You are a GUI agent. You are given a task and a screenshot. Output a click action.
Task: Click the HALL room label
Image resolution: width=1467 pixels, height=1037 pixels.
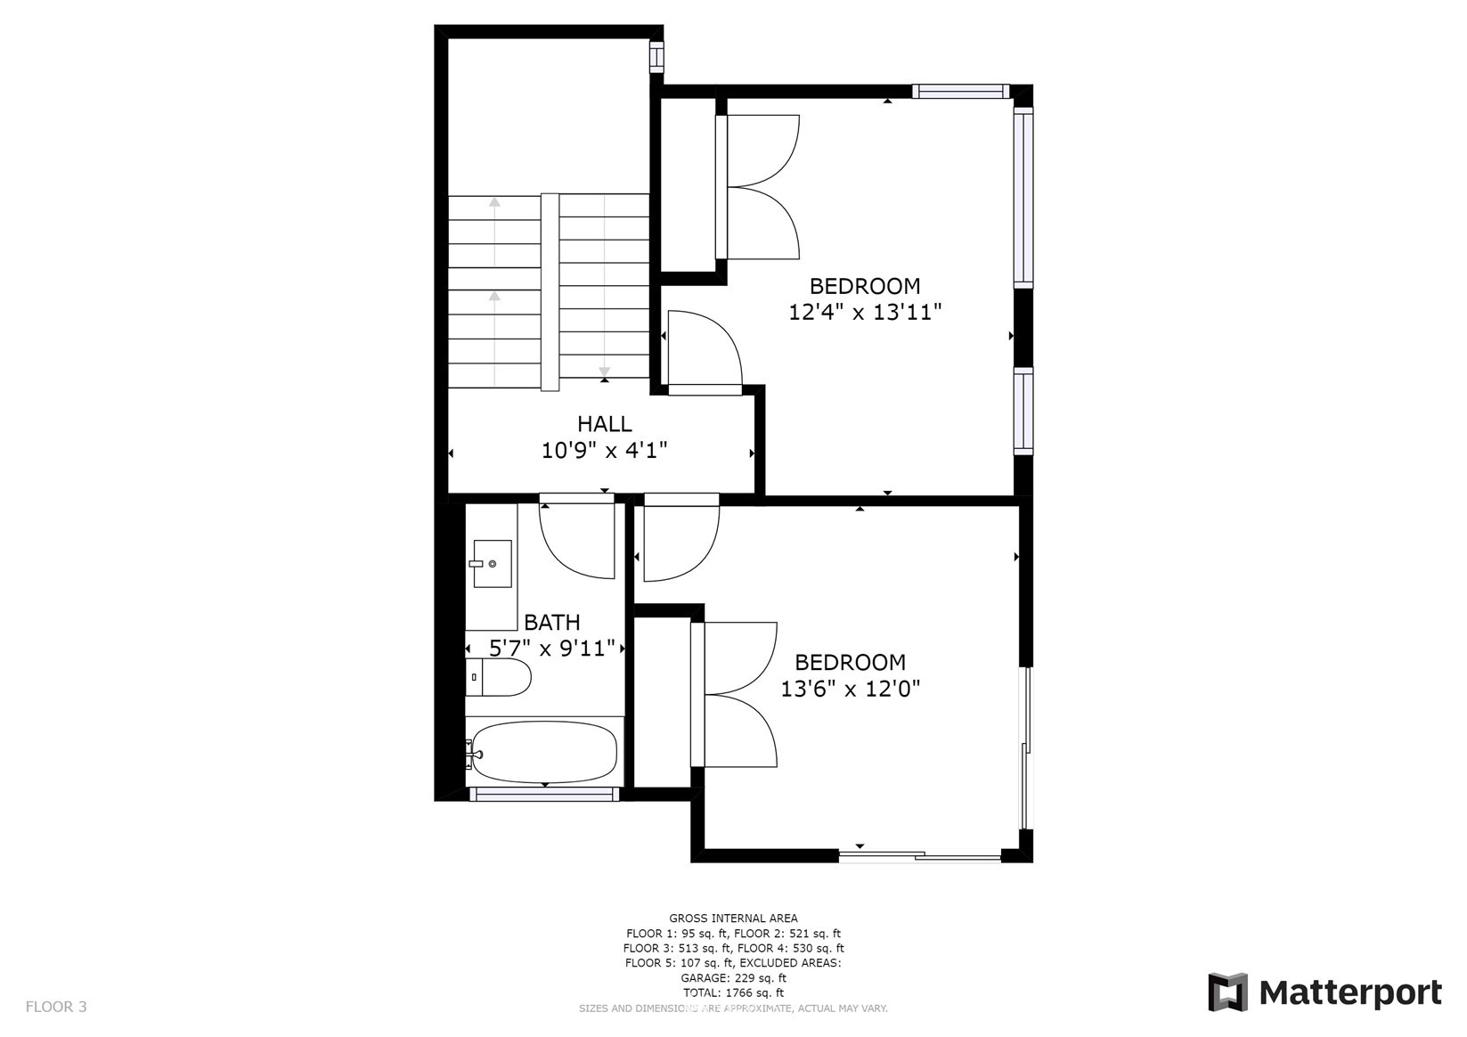click(605, 424)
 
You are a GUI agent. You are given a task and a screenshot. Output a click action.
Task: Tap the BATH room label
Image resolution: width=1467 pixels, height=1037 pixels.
click(552, 622)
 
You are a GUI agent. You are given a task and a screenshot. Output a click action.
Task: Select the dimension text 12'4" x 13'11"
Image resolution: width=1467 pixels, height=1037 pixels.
click(865, 312)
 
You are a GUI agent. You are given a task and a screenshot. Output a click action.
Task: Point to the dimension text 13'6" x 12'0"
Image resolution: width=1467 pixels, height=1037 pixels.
click(850, 689)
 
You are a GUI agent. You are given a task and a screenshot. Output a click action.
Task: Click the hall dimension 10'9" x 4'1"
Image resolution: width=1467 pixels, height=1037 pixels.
click(604, 451)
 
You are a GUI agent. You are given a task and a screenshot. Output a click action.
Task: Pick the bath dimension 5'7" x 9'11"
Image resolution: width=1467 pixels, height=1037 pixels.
click(552, 649)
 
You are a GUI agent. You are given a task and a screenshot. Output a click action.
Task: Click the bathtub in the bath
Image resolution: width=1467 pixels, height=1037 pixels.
click(543, 752)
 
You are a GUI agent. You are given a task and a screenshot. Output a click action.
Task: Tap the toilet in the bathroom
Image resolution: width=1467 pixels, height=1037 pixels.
click(499, 677)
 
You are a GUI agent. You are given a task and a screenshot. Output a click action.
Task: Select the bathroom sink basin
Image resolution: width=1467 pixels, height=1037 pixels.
click(492, 564)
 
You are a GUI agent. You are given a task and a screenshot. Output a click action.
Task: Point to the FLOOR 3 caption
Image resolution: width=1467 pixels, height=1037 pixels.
click(56, 1007)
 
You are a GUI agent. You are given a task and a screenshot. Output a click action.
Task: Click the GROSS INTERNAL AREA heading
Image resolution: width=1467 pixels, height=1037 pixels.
click(734, 919)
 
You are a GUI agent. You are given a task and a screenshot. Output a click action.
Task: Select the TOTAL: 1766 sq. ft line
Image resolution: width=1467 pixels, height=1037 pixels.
click(734, 993)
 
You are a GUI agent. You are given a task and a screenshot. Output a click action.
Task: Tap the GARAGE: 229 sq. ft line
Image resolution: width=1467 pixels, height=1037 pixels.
click(734, 978)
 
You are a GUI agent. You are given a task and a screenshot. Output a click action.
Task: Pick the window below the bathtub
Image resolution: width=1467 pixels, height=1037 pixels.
click(544, 794)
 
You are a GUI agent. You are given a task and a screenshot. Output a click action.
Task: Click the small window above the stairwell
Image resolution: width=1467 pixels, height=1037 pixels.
click(656, 57)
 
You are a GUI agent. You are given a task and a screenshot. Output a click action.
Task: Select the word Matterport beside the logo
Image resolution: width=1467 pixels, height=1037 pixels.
click(1350, 993)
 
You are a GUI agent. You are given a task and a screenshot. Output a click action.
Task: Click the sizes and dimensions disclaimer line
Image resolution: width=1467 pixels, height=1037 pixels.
click(734, 1008)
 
